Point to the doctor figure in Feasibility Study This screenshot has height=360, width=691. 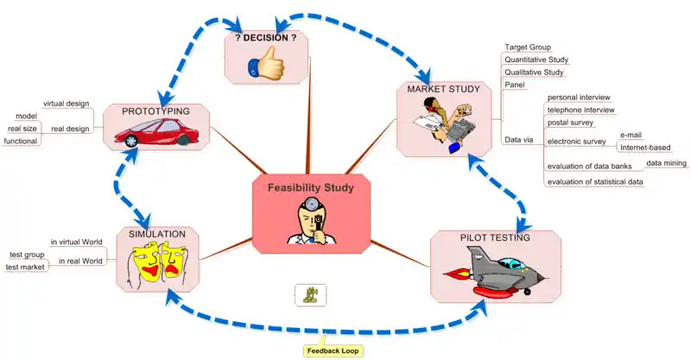click(310, 221)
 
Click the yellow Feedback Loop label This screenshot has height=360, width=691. click(333, 351)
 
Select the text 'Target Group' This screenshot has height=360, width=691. click(528, 47)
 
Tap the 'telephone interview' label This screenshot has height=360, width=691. click(580, 110)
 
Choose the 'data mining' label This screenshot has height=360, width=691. click(666, 162)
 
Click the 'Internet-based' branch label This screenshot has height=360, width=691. click(645, 148)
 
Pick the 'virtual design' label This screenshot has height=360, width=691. click(67, 104)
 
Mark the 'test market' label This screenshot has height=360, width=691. click(25, 267)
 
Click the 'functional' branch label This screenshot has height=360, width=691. click(20, 140)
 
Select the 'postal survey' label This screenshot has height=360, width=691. click(570, 123)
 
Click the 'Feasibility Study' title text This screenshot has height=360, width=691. click(310, 187)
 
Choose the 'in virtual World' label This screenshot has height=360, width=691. click(77, 242)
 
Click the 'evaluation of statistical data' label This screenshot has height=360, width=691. click(595, 181)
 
